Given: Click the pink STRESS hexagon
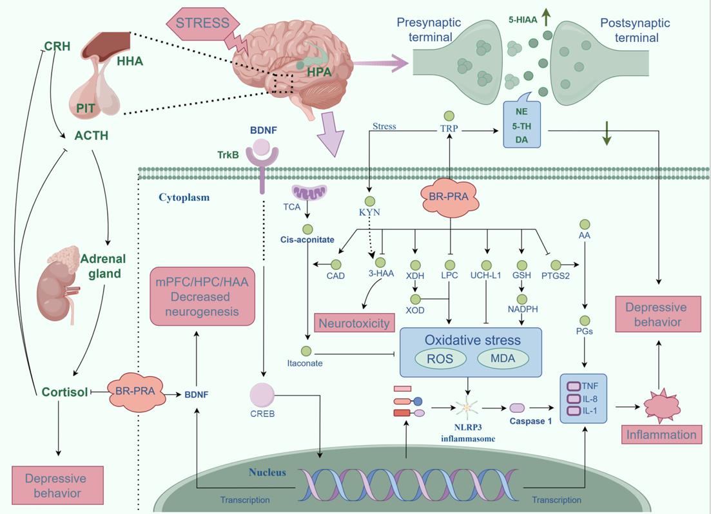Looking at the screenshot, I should click(x=202, y=23).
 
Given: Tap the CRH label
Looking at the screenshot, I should click(x=57, y=46).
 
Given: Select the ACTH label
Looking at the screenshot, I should click(x=92, y=136).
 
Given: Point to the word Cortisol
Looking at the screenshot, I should click(x=64, y=392).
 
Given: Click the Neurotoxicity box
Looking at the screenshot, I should click(x=353, y=323).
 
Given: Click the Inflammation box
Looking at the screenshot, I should click(x=662, y=435).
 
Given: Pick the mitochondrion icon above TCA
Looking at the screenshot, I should click(x=309, y=193).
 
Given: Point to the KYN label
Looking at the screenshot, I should click(x=370, y=211).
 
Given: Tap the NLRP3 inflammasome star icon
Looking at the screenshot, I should click(x=468, y=408).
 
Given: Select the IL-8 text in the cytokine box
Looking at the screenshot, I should click(x=590, y=398).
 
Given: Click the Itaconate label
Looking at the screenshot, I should click(x=305, y=363).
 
